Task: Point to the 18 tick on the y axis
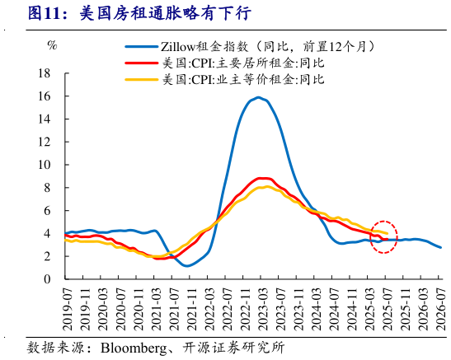tap(46, 73)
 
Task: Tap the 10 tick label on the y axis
tap(46, 165)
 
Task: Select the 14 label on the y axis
tap(46, 119)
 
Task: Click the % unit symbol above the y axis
tap(52, 44)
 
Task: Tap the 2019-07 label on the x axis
tap(66, 306)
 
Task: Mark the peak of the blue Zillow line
tap(259, 97)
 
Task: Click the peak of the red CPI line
tap(262, 178)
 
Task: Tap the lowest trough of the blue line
tap(187, 266)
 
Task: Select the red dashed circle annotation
tap(383, 237)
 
